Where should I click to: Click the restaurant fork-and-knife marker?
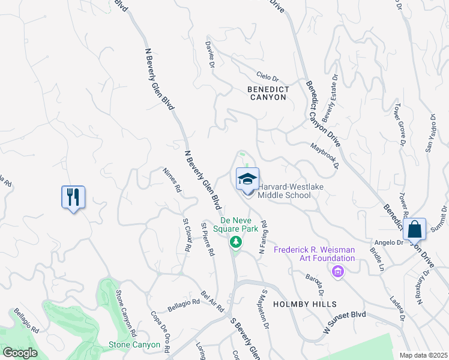coord(73,197)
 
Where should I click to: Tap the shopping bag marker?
coord(414,229)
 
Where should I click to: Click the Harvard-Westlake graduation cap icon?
coord(247,179)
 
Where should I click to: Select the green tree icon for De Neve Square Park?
coord(236,242)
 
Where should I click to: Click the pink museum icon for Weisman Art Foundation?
coord(338,272)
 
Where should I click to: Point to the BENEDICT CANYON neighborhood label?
coord(268,93)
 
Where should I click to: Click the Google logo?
coord(19,353)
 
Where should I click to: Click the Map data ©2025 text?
coord(423,355)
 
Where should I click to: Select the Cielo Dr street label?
coord(268,77)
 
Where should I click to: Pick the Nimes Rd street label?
coord(172,179)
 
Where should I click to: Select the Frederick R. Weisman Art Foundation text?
coord(314,254)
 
